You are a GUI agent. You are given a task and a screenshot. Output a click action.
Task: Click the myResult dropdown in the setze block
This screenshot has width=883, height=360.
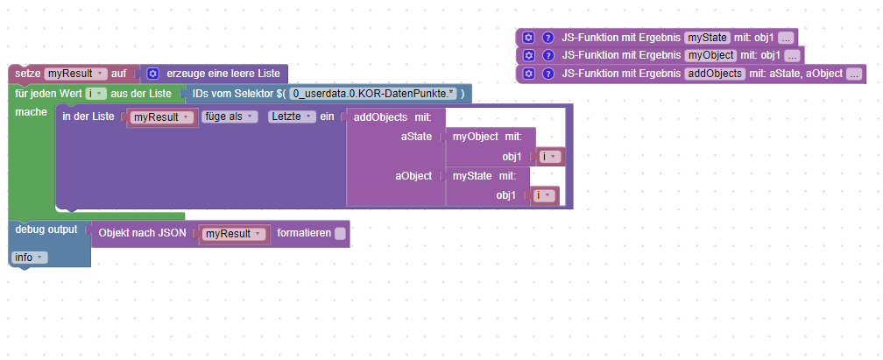point(75,74)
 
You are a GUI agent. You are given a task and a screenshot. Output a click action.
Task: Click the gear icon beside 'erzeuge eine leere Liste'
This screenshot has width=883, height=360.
point(152,74)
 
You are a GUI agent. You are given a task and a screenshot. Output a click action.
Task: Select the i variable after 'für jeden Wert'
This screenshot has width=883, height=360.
point(96,94)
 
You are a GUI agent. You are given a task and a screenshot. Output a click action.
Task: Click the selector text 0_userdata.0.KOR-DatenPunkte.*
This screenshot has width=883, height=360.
point(373,94)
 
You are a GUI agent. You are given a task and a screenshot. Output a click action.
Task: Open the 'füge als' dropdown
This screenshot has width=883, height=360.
point(230,116)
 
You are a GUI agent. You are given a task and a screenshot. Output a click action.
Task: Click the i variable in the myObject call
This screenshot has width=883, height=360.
point(548,156)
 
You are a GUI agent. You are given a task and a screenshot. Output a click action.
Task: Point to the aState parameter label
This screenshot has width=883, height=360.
point(415,137)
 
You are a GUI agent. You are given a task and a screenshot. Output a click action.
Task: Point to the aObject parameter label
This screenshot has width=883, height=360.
point(413,176)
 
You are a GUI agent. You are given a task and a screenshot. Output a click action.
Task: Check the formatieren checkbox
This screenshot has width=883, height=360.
point(340,234)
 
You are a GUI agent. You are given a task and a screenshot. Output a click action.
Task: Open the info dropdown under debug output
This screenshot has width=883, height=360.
point(30,258)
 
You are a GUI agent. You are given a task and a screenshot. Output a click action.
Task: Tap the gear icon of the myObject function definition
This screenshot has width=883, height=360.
point(528,55)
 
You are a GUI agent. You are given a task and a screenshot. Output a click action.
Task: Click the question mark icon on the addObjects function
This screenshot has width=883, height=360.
point(548,74)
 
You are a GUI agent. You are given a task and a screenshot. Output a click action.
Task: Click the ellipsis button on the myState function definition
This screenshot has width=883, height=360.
point(786,37)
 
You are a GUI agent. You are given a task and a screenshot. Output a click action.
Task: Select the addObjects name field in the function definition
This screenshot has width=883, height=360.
point(714,74)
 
